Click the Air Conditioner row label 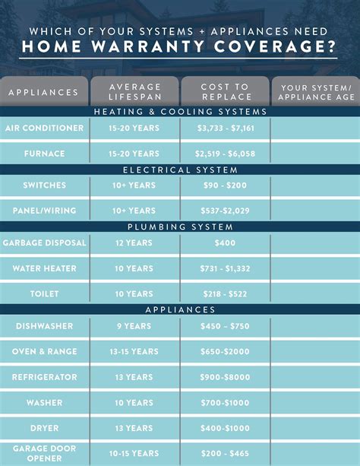[44, 128]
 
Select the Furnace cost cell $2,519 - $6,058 [225, 154]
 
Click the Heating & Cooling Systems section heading [180, 112]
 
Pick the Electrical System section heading [180, 170]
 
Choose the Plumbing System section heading [180, 227]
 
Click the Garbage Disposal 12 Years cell [134, 243]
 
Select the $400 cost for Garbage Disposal [225, 243]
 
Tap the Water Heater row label [44, 268]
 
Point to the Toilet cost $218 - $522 [225, 293]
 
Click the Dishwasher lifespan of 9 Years [134, 325]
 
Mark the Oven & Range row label [44, 351]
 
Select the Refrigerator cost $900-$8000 [225, 377]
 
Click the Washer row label [44, 403]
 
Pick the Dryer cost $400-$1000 [225, 428]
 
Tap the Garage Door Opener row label [44, 454]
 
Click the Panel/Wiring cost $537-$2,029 [225, 211]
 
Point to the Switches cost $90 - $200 [225, 185]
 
